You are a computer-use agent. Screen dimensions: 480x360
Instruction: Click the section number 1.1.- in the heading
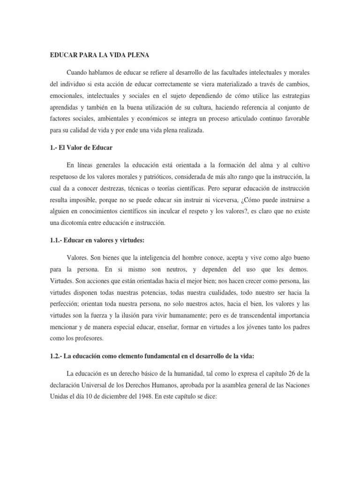[x=59, y=240]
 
